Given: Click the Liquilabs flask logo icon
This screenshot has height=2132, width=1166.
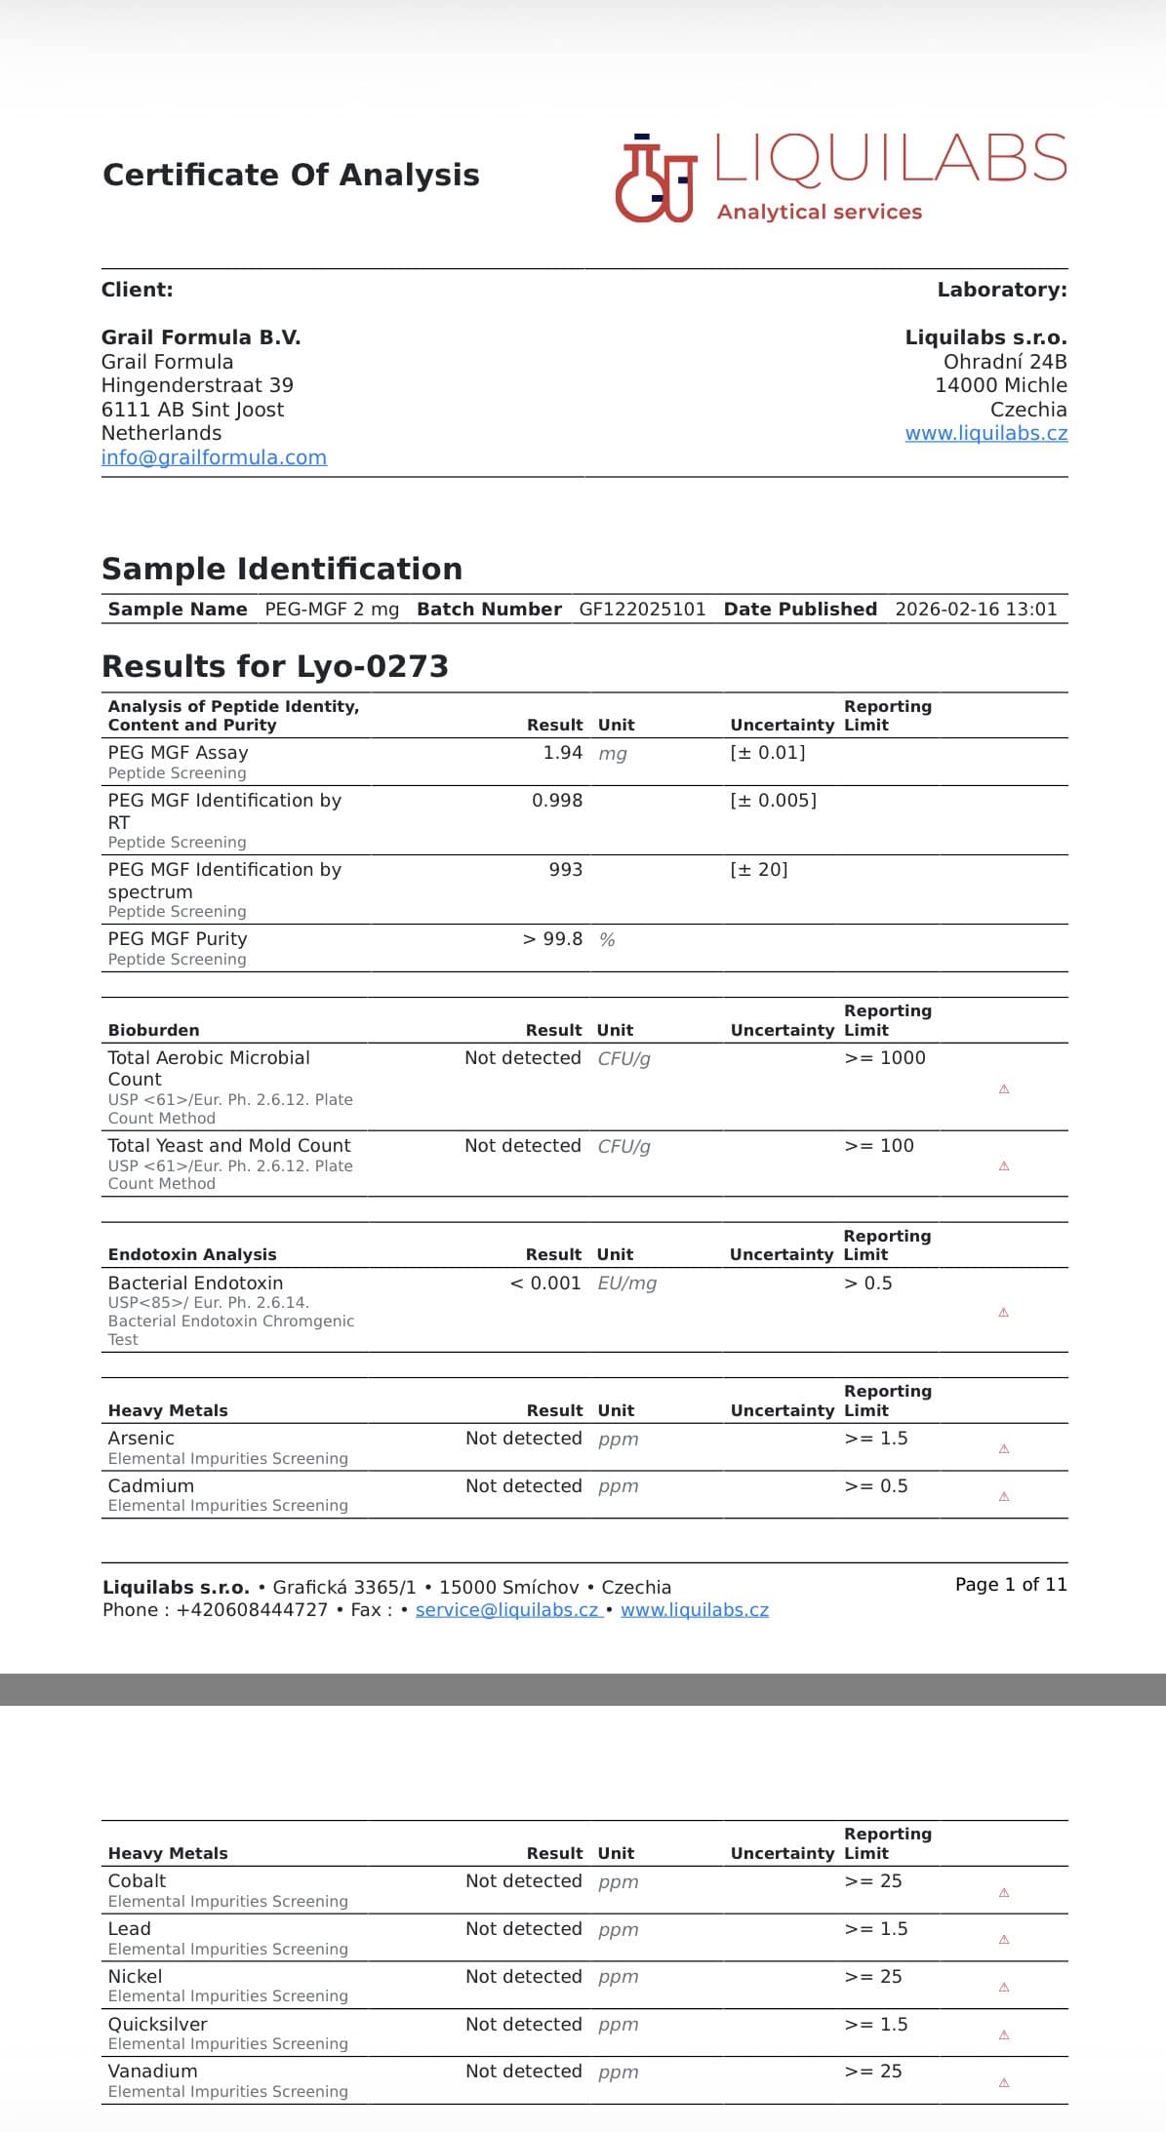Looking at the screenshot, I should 655,178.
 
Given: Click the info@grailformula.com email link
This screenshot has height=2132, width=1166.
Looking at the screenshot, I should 214,457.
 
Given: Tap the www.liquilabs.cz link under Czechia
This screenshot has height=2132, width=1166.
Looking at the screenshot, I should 985,434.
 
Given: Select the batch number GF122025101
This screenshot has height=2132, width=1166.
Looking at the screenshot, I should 642,610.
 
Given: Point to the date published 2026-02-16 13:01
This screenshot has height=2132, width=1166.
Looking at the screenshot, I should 975,610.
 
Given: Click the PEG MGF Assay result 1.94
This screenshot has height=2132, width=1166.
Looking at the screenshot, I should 562,753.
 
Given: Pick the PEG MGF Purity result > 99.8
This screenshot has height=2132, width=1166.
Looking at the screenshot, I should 552,939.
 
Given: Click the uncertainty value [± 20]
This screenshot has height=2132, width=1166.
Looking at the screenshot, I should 758,870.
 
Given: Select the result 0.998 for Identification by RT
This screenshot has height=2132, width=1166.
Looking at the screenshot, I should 556,801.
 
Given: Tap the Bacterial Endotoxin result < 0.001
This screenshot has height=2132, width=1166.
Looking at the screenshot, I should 544,1283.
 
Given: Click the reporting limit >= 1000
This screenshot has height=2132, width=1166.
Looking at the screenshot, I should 884,1058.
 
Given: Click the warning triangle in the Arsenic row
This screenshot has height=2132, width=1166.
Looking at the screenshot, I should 1004,1449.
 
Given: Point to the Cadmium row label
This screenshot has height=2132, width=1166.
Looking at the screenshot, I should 151,1486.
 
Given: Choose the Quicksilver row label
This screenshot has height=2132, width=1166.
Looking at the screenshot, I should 157,2025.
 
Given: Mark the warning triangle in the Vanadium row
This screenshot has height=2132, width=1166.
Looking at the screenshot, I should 1004,2083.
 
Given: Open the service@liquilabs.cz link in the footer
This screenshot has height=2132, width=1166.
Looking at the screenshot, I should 506,1610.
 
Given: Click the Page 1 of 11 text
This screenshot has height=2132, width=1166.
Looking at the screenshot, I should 1011,1585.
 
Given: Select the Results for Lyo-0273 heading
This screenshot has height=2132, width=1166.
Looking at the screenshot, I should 275,666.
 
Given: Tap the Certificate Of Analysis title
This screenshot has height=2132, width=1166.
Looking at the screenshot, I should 291,175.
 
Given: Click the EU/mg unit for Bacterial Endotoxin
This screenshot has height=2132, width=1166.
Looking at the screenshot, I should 626,1283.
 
